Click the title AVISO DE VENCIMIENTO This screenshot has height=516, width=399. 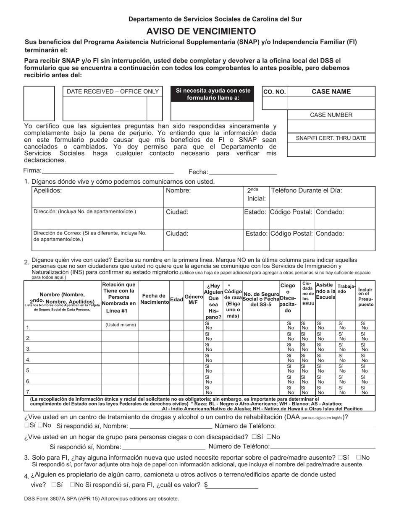click(201, 31)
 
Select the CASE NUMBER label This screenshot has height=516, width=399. click(331, 115)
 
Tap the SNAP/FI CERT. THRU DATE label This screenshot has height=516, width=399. click(331, 138)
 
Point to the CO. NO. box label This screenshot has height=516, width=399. click(274, 92)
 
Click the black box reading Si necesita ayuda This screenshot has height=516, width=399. click(213, 94)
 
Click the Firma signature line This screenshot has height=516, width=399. click(108, 172)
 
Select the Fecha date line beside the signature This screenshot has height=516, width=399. click(243, 173)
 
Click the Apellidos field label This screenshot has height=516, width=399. click(48, 190)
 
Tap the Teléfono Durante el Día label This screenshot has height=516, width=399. click(307, 190)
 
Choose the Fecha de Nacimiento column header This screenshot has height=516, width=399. click(154, 300)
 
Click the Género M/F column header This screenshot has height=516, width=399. click(193, 300)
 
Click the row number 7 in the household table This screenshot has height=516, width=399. click(28, 392)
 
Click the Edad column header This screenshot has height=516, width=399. click(176, 300)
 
